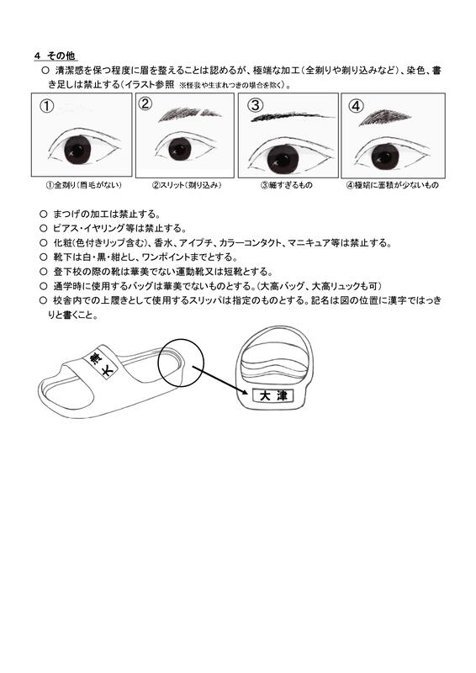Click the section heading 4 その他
tap(55, 56)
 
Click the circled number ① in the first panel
tap(46, 106)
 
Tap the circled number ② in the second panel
tap(146, 103)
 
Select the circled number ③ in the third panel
tap(256, 104)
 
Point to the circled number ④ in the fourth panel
tap(356, 105)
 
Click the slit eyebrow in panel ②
tap(190, 114)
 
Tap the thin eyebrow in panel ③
tap(293, 116)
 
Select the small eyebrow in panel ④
tap(384, 117)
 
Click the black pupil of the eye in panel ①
tap(77, 149)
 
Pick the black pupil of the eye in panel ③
tap(283, 158)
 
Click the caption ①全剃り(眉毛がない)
tap(84, 185)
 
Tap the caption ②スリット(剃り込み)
tap(187, 185)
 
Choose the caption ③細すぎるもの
tap(286, 185)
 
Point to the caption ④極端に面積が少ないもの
tap(392, 185)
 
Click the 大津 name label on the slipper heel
tap(272, 395)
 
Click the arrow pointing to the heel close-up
tap(219, 380)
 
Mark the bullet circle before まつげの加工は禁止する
tap(43, 214)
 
